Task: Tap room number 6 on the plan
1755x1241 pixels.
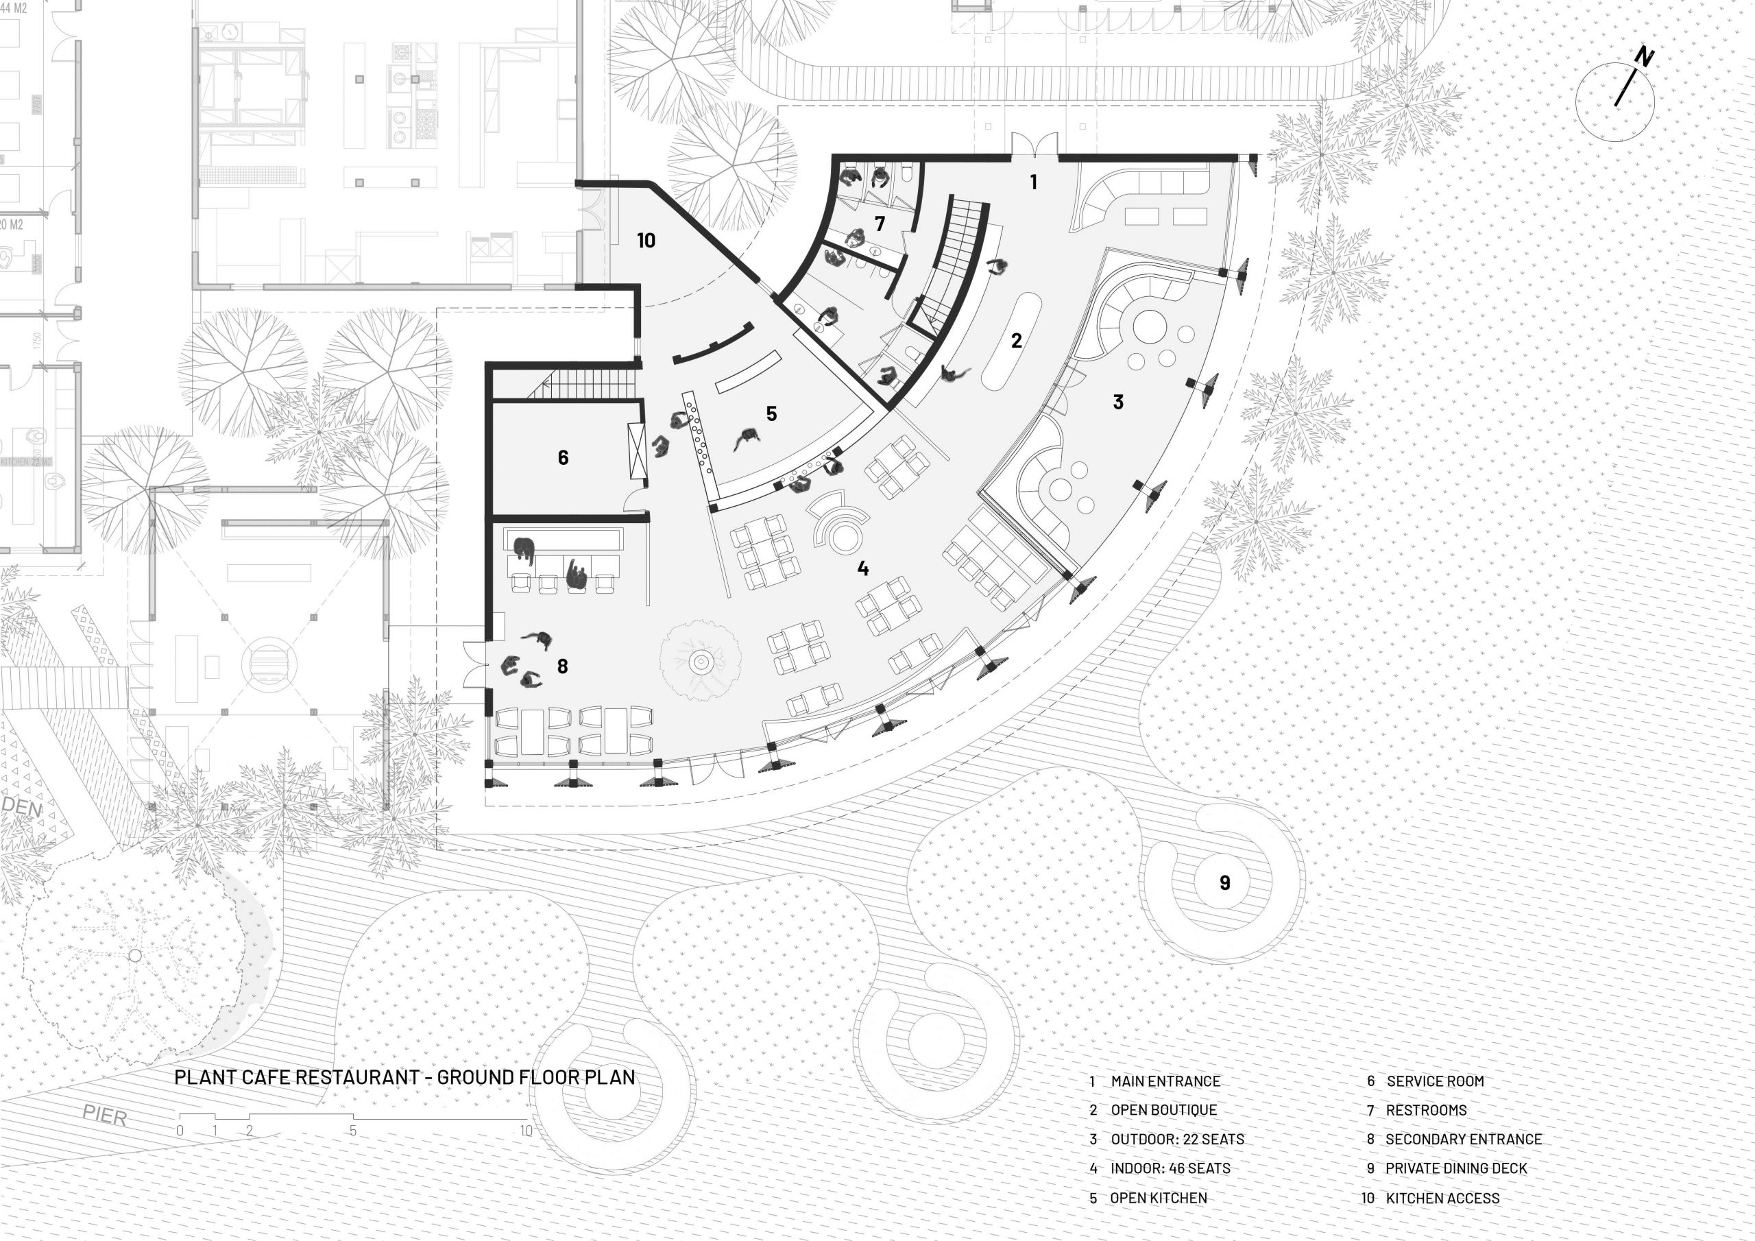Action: coord(564,458)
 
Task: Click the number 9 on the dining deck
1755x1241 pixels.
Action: coord(1224,883)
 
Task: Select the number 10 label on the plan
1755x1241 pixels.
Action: coord(646,241)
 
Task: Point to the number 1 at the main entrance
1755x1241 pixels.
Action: coord(1033,182)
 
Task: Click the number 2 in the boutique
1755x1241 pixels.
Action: coord(1016,341)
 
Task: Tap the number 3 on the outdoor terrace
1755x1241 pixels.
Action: coord(1117,402)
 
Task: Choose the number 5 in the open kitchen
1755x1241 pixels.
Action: coord(771,413)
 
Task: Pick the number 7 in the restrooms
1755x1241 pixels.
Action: coord(880,224)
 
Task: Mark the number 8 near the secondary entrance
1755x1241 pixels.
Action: coord(563,666)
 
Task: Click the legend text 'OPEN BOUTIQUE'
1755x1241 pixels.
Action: coord(1163,1110)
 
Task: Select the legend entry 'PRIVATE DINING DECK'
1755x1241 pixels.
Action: coord(1455,1168)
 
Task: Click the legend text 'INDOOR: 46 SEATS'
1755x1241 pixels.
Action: coord(1170,1168)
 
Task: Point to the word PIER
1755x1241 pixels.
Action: coord(105,1116)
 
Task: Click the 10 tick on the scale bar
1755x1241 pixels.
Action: coord(526,1131)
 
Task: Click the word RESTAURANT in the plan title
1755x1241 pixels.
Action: coord(357,1077)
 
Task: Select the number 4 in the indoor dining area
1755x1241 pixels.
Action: coord(863,568)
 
